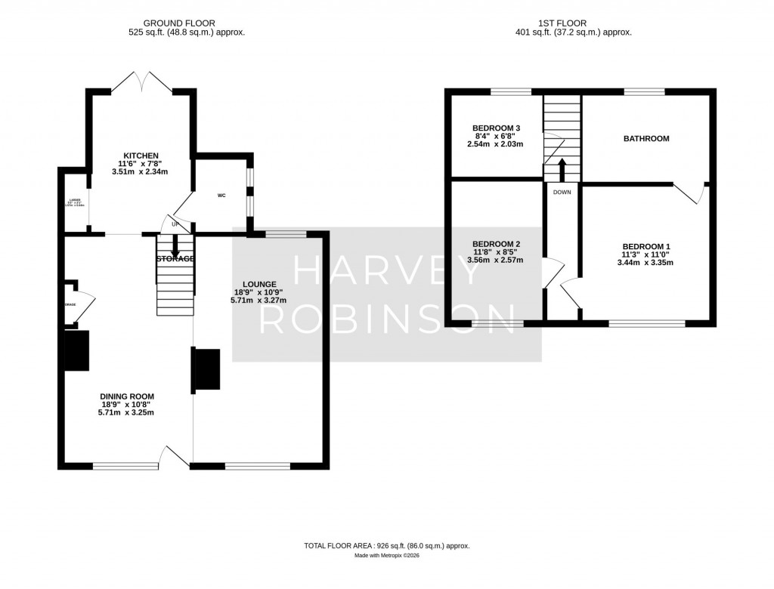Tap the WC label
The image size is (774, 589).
pos(222,196)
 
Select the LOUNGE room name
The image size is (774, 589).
pos(261,284)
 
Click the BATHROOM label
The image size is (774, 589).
pos(646,139)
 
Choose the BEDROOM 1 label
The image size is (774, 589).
pos(646,247)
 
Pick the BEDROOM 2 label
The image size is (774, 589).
pos(496,244)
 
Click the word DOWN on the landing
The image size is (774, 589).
pos(562,193)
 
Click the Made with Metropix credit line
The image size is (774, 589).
pos(386,556)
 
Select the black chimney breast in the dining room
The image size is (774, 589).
pos(76,351)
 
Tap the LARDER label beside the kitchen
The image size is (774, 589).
pos(76,201)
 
